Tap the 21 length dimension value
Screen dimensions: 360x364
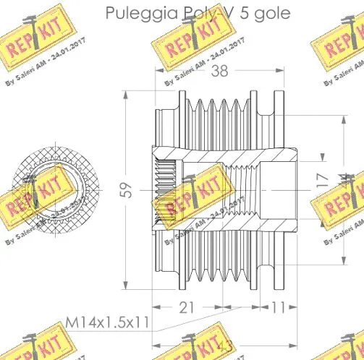(x=187, y=308)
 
